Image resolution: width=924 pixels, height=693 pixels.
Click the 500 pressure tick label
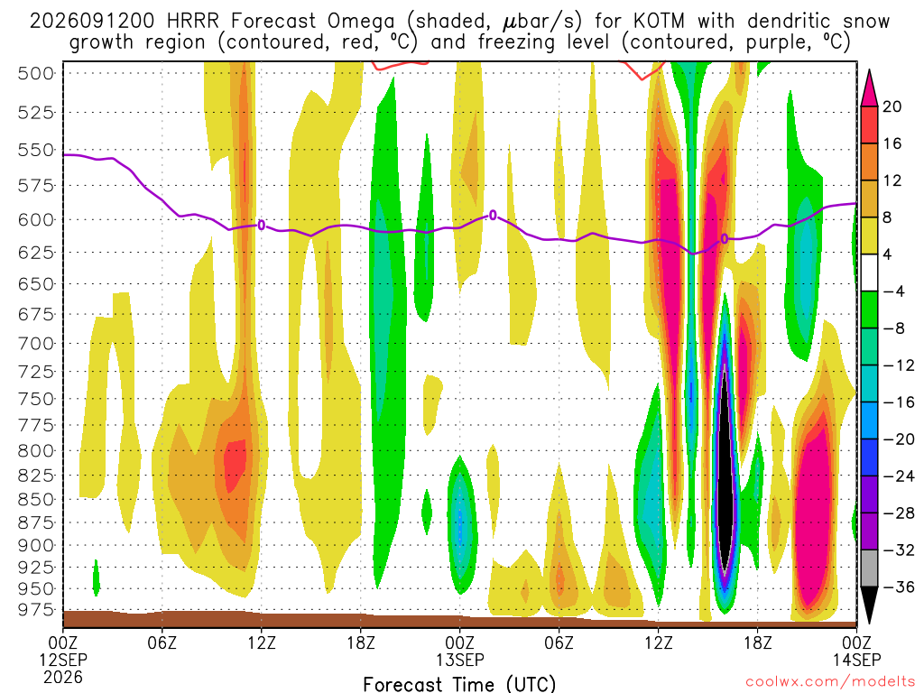36,74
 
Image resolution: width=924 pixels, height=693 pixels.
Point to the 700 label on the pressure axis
36,343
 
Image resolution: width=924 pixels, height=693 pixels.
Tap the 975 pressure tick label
36,609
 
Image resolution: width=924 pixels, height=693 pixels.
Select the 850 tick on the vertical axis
36,499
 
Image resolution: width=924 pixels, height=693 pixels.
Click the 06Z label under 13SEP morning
559,642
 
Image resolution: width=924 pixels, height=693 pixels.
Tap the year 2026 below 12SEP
63,677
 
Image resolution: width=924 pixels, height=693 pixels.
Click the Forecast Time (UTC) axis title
459,684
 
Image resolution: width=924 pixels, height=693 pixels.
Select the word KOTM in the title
659,22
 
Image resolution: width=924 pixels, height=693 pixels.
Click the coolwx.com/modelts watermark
831,681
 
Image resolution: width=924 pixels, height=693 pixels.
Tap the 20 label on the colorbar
892,106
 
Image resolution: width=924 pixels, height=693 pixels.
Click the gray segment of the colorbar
869,568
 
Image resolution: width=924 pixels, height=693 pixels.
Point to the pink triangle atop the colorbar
869,88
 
